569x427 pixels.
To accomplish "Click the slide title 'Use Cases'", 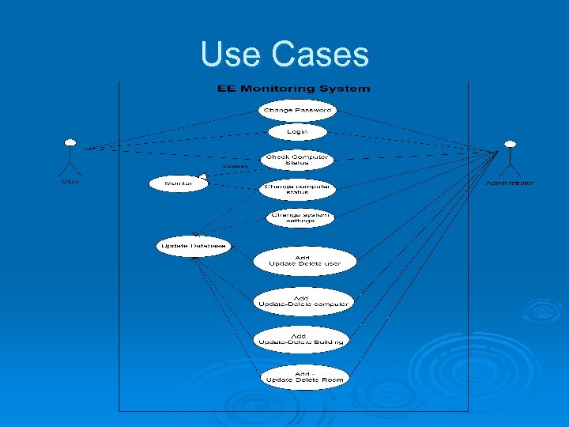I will click(284, 55).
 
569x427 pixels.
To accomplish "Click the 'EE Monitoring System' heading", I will click(293, 89).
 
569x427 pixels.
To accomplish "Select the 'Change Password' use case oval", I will click(297, 109).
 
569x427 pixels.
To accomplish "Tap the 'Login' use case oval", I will click(297, 131).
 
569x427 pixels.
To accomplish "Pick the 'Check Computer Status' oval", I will click(297, 160).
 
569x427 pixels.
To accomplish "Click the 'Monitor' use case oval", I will click(178, 183).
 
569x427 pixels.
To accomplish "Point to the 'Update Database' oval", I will click(194, 246).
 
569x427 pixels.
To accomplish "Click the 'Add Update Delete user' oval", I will click(305, 260).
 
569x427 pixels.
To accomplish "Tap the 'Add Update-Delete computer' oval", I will click(303, 300).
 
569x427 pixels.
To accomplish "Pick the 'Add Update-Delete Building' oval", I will click(301, 339).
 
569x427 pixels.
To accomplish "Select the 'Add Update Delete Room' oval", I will click(304, 377).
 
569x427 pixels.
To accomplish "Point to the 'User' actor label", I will click(70, 181).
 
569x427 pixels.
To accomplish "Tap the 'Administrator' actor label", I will click(510, 183).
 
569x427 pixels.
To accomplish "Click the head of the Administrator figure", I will click(511, 145).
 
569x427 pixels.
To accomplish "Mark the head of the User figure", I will click(70, 143).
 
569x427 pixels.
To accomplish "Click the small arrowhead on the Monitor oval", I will click(203, 176).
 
